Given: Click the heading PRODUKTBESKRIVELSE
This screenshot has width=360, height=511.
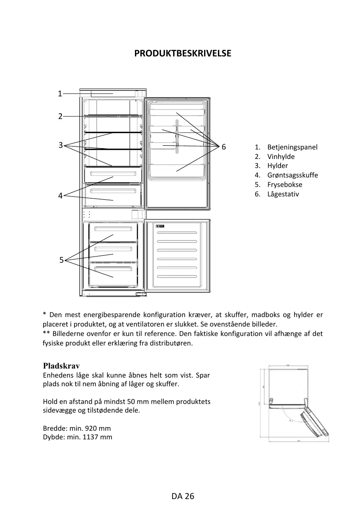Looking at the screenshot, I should (183, 54).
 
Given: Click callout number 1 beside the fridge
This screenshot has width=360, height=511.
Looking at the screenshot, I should (60, 93).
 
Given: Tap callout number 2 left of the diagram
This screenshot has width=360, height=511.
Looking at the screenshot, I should (60, 117).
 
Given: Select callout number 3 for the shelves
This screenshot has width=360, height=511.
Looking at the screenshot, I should (60, 145).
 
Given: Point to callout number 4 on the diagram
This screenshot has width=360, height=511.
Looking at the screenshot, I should (60, 196).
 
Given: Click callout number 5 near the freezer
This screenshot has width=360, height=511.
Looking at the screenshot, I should (61, 260).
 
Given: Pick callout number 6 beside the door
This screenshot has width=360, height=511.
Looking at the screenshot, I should (224, 147).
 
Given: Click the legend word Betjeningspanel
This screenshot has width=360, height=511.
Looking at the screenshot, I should (292, 147).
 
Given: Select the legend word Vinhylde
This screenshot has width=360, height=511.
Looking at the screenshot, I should (281, 156).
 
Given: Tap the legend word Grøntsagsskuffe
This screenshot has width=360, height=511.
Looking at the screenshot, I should (293, 175).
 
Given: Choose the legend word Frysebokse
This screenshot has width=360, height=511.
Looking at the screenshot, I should (285, 184).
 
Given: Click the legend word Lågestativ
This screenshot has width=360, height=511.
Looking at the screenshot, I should (283, 194).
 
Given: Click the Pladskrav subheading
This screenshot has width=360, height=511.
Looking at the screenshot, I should (61, 366).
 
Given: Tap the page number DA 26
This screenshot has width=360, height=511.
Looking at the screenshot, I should (183, 496).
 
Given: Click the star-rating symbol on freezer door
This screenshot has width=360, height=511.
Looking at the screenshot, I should (160, 226).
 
